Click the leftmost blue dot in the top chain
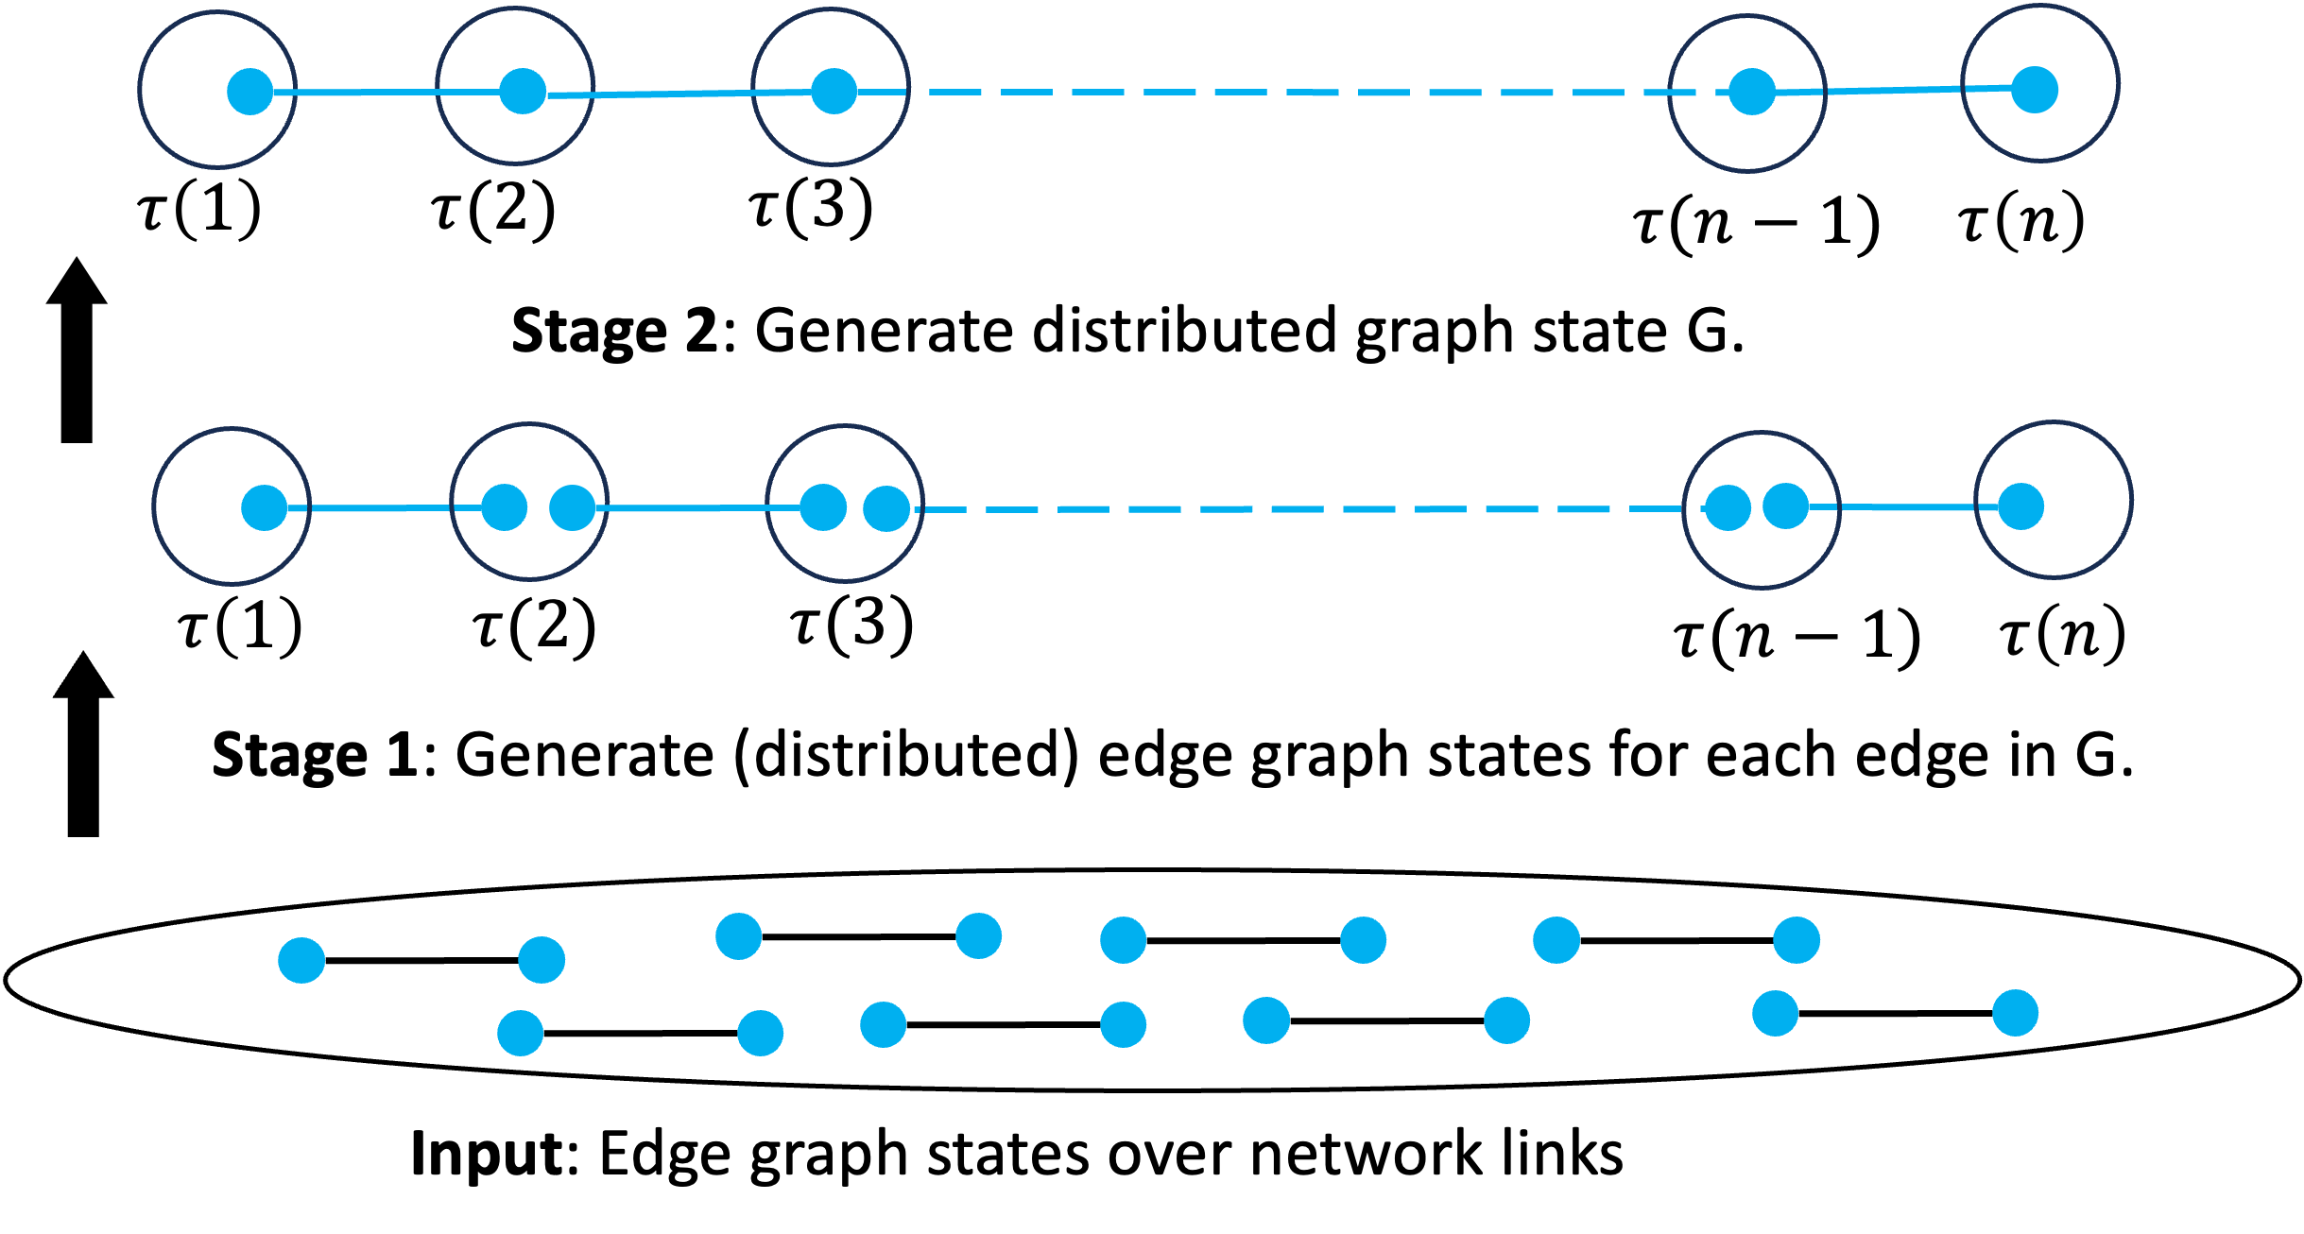click(250, 92)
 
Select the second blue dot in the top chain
click(523, 92)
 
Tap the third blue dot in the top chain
click(834, 92)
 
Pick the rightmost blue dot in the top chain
click(2035, 90)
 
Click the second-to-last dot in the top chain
click(1751, 92)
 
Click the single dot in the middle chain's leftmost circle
click(265, 508)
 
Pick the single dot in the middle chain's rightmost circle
click(2021, 506)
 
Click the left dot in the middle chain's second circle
click(504, 507)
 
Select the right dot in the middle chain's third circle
click(886, 508)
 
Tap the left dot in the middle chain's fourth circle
click(1728, 508)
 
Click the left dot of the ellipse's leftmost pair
click(301, 961)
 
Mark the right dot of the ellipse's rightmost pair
click(2015, 1013)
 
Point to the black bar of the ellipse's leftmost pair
click(421, 961)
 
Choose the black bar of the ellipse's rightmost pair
click(1895, 1013)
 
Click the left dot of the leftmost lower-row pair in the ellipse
click(521, 1033)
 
